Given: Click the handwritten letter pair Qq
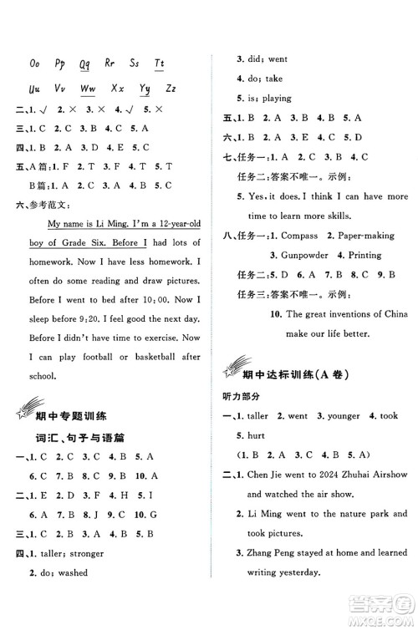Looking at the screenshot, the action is (84, 64).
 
